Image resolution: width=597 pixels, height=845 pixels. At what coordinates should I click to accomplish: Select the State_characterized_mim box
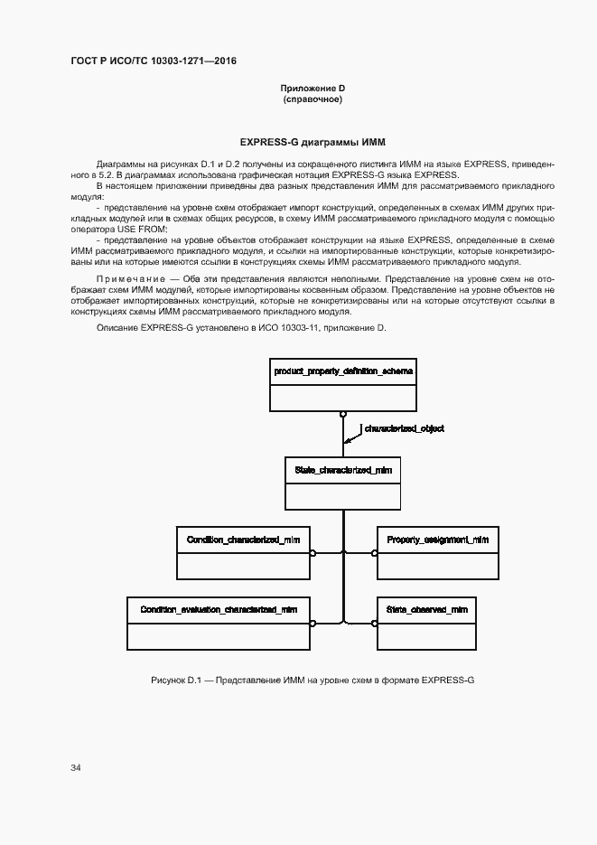tap(342, 484)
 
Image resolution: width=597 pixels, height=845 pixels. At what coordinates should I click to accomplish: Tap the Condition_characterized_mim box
tap(243, 551)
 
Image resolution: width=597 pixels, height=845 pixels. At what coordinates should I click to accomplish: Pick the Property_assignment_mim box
tap(437, 551)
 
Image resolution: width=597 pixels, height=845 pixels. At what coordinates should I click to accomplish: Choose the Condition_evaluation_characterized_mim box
tap(219, 623)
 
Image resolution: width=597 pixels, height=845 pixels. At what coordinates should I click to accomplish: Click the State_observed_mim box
tap(426, 623)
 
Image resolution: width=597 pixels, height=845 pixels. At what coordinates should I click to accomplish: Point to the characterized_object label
tap(404, 428)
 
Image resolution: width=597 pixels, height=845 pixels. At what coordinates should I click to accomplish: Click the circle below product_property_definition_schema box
tap(343, 415)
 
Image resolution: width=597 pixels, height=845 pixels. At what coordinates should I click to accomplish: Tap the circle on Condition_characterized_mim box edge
tap(312, 552)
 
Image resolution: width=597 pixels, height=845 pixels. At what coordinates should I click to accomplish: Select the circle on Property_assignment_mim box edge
tap(374, 552)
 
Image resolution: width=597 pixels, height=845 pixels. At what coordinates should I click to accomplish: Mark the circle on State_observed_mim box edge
tap(374, 623)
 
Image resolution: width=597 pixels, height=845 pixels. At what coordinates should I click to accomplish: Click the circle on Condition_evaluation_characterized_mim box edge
tap(312, 623)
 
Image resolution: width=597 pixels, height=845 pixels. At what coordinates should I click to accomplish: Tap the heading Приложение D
tap(312, 88)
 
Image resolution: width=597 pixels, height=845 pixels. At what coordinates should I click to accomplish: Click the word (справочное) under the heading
tap(312, 99)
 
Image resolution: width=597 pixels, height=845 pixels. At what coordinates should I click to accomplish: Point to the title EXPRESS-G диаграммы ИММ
tap(312, 143)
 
